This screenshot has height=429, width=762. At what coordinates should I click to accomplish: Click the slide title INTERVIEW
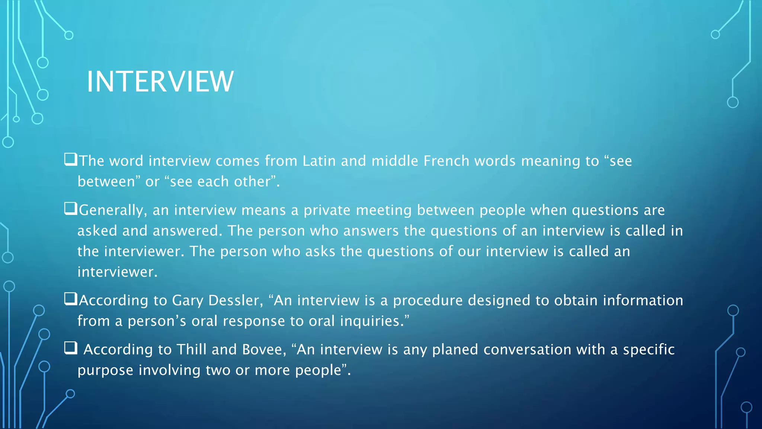click(160, 82)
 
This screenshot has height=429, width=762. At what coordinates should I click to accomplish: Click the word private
click(327, 210)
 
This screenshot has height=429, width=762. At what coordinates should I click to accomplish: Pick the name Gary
click(188, 301)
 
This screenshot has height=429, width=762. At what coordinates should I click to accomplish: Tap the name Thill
click(191, 350)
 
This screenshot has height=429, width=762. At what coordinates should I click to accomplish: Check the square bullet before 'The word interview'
click(70, 159)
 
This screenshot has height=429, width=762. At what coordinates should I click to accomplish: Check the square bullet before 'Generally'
click(70, 209)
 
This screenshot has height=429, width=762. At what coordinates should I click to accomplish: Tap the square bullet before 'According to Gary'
click(70, 299)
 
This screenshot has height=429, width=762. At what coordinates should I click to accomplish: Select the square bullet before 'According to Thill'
click(70, 348)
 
